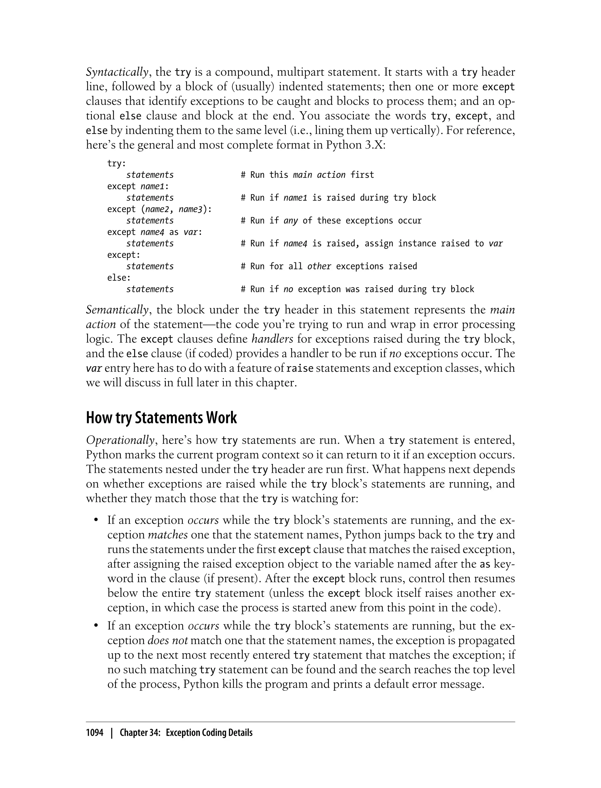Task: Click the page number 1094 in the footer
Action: tap(94, 733)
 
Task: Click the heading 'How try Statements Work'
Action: tap(161, 417)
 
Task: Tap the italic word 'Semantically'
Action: tap(117, 310)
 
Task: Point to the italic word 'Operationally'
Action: tap(121, 440)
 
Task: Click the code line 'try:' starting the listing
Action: tap(117, 164)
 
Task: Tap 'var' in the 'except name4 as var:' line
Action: tap(191, 232)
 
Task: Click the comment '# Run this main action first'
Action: tap(307, 175)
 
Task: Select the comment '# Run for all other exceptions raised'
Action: tap(329, 266)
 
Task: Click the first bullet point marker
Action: tap(96, 521)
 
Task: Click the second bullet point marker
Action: tap(96, 626)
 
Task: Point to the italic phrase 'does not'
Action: tap(168, 641)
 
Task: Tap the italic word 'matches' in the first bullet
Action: tap(168, 535)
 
